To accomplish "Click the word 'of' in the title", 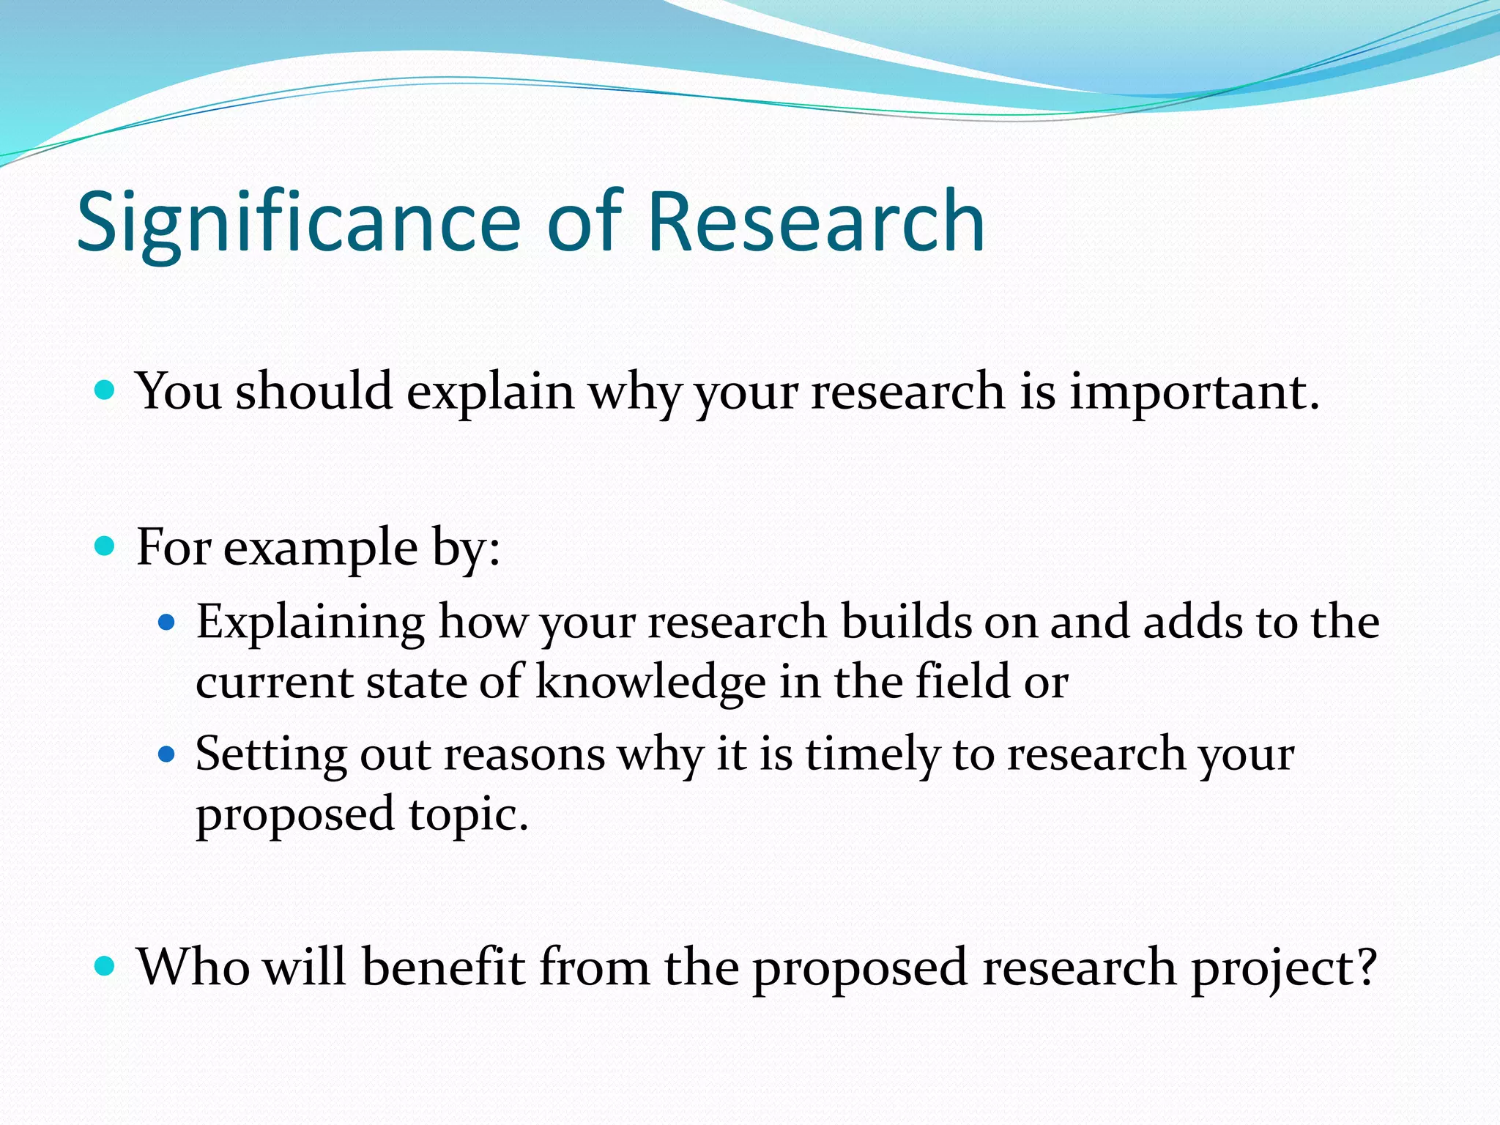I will (x=584, y=222).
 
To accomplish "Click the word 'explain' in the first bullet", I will (x=490, y=393).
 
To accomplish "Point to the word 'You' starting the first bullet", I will (x=179, y=391).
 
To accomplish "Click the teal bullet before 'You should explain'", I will (x=105, y=389).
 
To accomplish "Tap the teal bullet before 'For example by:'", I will (x=105, y=546).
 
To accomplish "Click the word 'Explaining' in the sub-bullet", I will (x=310, y=623).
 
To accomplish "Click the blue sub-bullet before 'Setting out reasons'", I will (x=168, y=754).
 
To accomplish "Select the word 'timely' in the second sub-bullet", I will (x=872, y=755).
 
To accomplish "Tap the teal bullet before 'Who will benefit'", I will (x=105, y=966).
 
